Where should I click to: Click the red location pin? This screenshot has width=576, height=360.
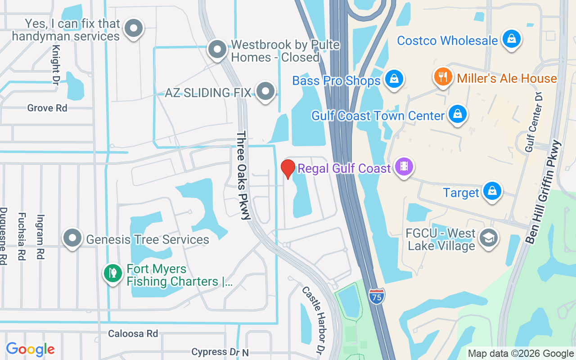pyautogui.click(x=288, y=169)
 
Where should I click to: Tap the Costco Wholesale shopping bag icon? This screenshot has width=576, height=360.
pyautogui.click(x=512, y=39)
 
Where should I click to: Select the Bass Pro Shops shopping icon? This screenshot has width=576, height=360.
pyautogui.click(x=394, y=80)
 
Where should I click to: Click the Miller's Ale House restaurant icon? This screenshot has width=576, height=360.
pyautogui.click(x=443, y=77)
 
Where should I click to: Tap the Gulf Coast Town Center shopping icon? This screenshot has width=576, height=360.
pyautogui.click(x=458, y=114)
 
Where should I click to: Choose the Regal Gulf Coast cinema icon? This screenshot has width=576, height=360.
pyautogui.click(x=404, y=167)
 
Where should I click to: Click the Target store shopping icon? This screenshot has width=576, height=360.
pyautogui.click(x=492, y=191)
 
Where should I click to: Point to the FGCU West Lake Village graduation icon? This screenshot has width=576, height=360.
pyautogui.click(x=488, y=238)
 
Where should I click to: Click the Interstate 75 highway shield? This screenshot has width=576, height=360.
pyautogui.click(x=377, y=297)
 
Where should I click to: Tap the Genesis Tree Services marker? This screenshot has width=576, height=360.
pyautogui.click(x=72, y=238)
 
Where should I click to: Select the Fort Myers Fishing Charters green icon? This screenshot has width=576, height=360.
pyautogui.click(x=112, y=273)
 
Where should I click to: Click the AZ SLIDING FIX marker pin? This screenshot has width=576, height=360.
pyautogui.click(x=265, y=91)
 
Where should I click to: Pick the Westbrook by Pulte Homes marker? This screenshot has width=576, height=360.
pyautogui.click(x=217, y=49)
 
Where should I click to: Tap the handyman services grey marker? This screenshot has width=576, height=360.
pyautogui.click(x=133, y=28)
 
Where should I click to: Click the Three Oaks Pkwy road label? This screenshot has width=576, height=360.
pyautogui.click(x=243, y=175)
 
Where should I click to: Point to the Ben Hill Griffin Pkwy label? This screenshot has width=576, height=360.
pyautogui.click(x=544, y=192)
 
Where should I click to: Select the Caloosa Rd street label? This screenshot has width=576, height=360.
pyautogui.click(x=133, y=333)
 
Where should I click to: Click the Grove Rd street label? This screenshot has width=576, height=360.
pyautogui.click(x=47, y=108)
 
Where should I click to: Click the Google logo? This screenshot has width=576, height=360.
pyautogui.click(x=30, y=349)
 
